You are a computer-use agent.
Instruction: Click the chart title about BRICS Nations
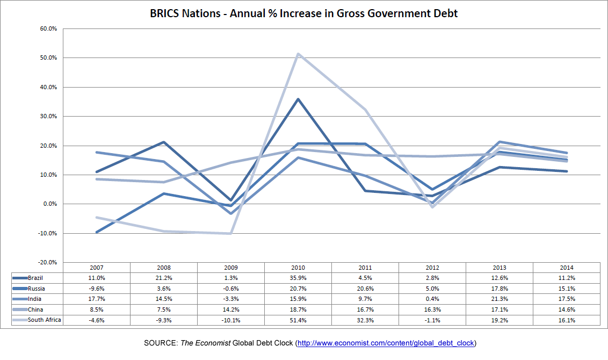tap(304, 13)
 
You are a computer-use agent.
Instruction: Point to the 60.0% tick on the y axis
tap(48, 28)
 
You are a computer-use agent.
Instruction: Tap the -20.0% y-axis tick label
tap(47, 262)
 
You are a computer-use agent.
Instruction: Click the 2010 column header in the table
tap(298, 268)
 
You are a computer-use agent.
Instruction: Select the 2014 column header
tap(566, 268)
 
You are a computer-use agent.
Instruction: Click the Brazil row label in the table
tap(35, 278)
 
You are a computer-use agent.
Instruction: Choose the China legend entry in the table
tap(35, 309)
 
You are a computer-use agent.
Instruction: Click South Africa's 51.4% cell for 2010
tap(298, 320)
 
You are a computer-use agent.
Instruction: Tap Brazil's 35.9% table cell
tap(298, 278)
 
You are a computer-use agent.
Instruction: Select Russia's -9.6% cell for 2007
tap(96, 289)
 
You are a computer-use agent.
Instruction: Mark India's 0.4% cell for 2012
tap(432, 299)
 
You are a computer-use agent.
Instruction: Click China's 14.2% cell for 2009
tap(230, 309)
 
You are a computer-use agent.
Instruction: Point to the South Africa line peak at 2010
tap(298, 54)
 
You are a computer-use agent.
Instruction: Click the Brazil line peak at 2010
tap(298, 99)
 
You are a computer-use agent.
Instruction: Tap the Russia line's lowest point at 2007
tap(97, 232)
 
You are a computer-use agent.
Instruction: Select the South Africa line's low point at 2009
tap(230, 233)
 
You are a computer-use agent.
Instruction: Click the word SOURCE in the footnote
tap(161, 343)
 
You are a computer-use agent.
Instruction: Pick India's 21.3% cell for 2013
tap(499, 299)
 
